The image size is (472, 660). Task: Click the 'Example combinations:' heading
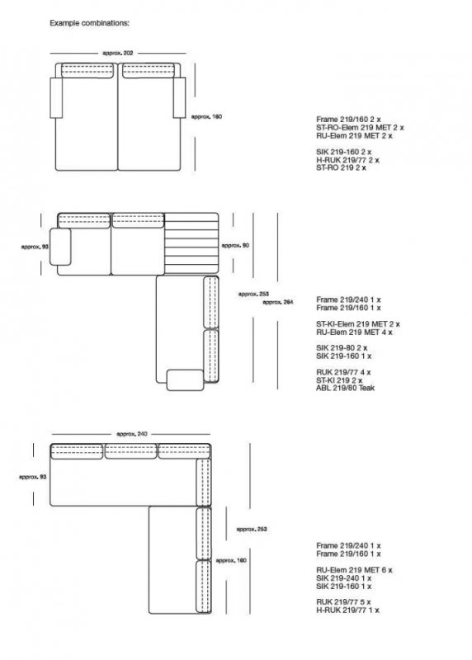89,23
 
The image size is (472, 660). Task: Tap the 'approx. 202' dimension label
118,53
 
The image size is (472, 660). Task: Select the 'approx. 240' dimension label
132,434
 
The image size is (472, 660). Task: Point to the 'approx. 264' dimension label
277,302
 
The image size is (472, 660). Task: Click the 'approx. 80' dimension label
235,245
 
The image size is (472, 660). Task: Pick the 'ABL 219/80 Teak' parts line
345,388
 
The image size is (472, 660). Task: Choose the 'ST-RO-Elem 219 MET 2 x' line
360,128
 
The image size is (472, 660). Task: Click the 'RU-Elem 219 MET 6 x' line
354,570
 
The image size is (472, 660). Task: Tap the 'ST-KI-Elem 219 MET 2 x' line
358,324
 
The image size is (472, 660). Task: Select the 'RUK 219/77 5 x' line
343,602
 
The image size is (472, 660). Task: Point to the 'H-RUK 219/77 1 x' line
347,610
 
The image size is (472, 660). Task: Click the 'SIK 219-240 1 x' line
343,578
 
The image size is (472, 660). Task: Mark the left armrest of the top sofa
56,97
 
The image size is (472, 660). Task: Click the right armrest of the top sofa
179,97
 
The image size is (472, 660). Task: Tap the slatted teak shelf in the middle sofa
191,243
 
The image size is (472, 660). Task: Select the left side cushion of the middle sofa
60,247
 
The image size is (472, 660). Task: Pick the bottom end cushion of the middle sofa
186,380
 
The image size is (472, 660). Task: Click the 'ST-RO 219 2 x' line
341,168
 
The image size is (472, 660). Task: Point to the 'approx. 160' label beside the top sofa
206,116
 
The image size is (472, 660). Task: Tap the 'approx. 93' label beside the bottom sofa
32,477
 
